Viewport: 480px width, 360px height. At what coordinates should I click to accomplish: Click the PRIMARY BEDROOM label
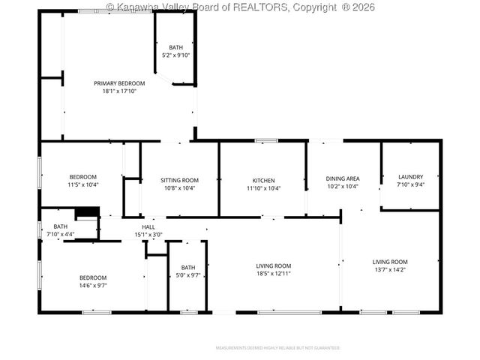pyautogui.click(x=119, y=82)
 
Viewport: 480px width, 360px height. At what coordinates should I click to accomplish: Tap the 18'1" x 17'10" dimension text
pyautogui.click(x=119, y=91)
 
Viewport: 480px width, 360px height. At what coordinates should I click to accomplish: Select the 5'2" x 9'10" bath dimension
pyautogui.click(x=176, y=55)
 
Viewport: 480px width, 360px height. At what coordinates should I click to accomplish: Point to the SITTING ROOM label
pyautogui.click(x=179, y=180)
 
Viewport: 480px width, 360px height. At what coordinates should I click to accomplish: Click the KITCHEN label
pyautogui.click(x=263, y=180)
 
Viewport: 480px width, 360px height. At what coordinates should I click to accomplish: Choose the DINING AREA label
pyautogui.click(x=342, y=178)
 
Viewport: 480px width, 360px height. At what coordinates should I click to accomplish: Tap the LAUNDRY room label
pyautogui.click(x=410, y=177)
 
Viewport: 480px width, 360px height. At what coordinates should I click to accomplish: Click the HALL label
pyautogui.click(x=148, y=227)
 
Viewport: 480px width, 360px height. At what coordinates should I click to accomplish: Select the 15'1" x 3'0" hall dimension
pyautogui.click(x=148, y=235)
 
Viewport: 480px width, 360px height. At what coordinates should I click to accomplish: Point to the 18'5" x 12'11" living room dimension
pyautogui.click(x=273, y=274)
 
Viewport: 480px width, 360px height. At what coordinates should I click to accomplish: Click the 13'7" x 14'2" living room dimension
pyautogui.click(x=390, y=270)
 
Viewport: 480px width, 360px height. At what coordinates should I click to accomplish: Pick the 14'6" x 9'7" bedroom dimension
pyautogui.click(x=93, y=286)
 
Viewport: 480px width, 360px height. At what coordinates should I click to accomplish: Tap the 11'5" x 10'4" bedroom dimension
pyautogui.click(x=83, y=184)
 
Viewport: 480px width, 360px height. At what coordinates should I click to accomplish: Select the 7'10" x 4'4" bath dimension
pyautogui.click(x=60, y=235)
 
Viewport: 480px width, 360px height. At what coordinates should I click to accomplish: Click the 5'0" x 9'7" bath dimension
pyautogui.click(x=187, y=275)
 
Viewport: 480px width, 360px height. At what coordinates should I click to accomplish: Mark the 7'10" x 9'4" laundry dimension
pyautogui.click(x=410, y=184)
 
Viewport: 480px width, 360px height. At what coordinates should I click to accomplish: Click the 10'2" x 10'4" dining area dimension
pyautogui.click(x=342, y=187)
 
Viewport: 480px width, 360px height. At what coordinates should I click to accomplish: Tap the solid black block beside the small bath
pyautogui.click(x=88, y=212)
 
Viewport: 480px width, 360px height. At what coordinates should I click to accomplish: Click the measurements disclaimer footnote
pyautogui.click(x=278, y=348)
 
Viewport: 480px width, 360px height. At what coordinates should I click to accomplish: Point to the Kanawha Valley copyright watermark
pyautogui.click(x=240, y=7)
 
